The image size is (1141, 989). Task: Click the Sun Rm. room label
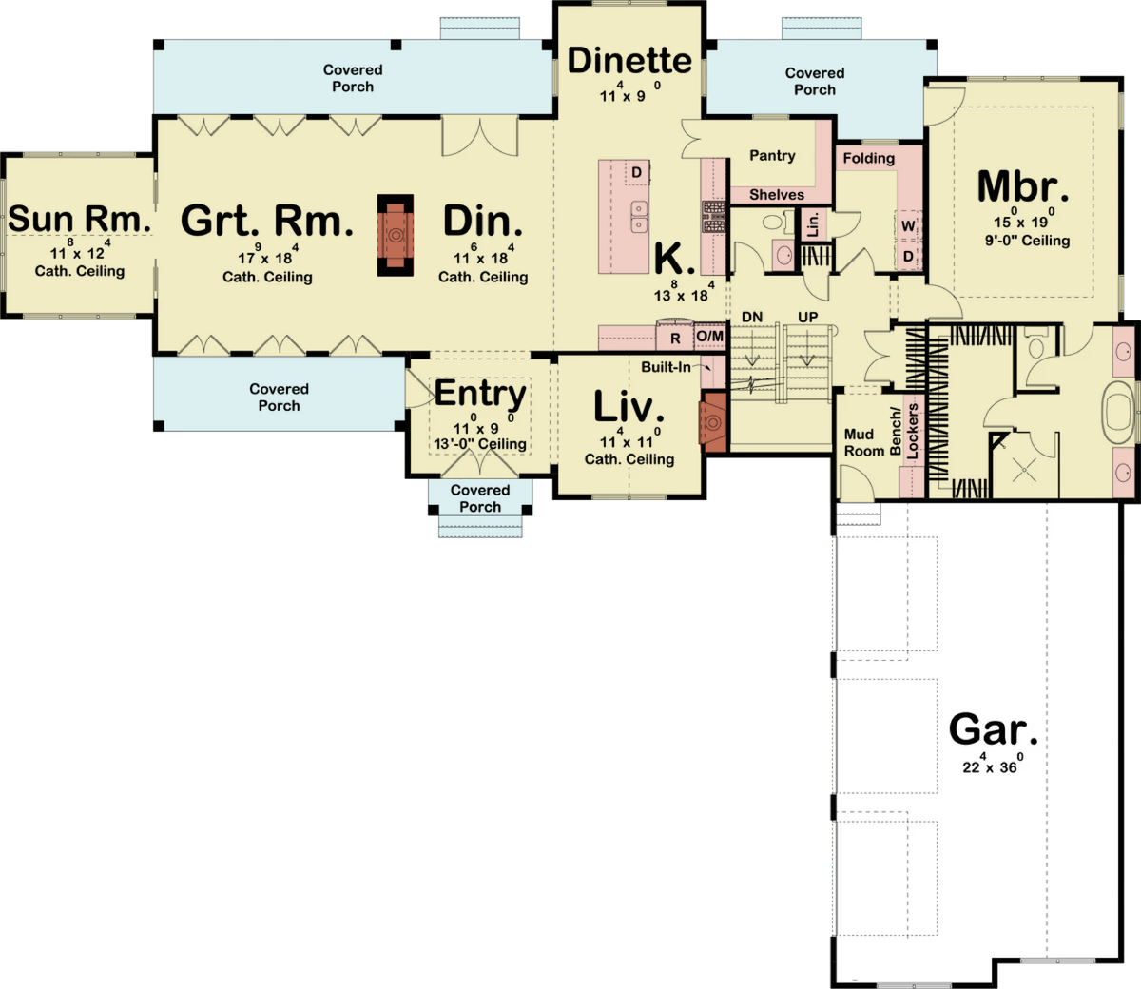(x=80, y=219)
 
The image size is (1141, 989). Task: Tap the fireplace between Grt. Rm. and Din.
(x=396, y=235)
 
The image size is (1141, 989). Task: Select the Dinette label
(x=629, y=60)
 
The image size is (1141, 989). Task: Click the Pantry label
(x=772, y=156)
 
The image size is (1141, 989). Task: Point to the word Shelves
(x=777, y=194)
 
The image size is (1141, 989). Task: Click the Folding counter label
(x=869, y=159)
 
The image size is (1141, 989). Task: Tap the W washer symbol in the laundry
(x=908, y=225)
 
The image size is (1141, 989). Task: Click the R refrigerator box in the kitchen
(x=674, y=339)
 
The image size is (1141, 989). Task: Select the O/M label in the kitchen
(x=710, y=337)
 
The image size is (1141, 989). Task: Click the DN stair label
(x=752, y=317)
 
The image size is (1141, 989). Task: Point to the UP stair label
(x=807, y=317)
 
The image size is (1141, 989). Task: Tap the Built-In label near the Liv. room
(x=666, y=367)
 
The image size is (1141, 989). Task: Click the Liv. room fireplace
(x=713, y=422)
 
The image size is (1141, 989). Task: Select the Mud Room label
(x=864, y=443)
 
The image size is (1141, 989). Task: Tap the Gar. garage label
(x=993, y=730)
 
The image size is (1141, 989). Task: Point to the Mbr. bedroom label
(x=1023, y=186)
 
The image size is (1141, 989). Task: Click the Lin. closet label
(x=813, y=224)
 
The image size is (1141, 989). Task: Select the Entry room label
(x=480, y=394)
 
